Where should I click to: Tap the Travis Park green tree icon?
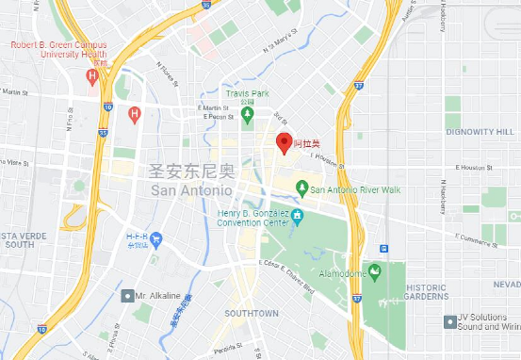coord(248,116)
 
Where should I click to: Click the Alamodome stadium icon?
coord(374,271)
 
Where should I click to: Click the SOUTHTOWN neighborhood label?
coord(252,312)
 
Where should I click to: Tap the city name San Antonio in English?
coord(190,189)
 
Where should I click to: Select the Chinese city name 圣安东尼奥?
coord(190,172)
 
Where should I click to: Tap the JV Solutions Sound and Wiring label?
coord(487,322)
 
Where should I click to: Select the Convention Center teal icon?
coord(298,217)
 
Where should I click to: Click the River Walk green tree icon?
coord(301,188)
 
